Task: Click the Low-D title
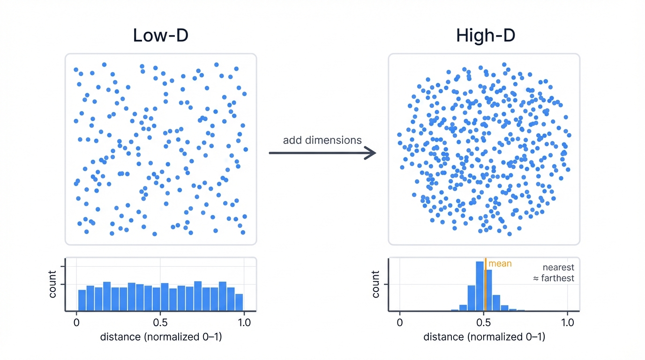click(x=160, y=36)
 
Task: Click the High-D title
click(x=485, y=36)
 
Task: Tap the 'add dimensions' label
click(x=322, y=140)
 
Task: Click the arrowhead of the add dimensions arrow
click(x=371, y=153)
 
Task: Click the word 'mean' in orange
click(x=500, y=264)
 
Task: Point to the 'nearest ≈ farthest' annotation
click(x=554, y=273)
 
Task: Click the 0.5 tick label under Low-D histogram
click(x=160, y=322)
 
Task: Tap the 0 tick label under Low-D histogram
click(x=76, y=322)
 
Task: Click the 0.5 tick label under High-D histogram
click(x=483, y=322)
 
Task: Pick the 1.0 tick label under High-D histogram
click(x=567, y=322)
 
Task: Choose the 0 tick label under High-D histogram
click(x=399, y=322)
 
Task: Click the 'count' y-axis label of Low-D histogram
click(x=52, y=284)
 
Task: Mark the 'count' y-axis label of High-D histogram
click(x=375, y=284)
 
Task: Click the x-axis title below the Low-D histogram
click(x=160, y=337)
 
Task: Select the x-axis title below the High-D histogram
click(x=484, y=337)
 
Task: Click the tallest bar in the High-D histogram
click(x=480, y=286)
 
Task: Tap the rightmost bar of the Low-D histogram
click(x=239, y=302)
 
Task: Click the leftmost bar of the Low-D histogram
click(x=82, y=300)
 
